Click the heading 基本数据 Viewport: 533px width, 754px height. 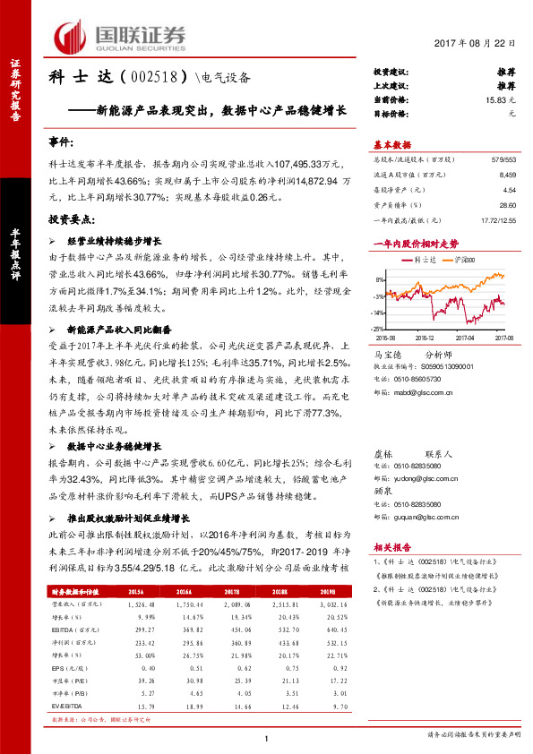[x=393, y=145]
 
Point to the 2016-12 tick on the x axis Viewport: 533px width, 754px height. [x=426, y=338]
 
